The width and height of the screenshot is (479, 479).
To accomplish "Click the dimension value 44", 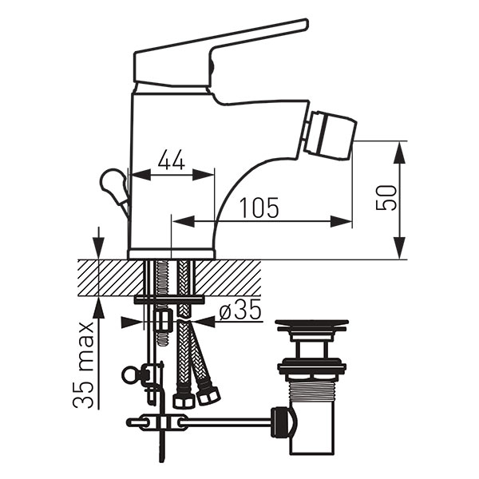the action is click(x=172, y=160).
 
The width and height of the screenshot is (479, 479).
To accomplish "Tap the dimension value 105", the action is click(x=259, y=208).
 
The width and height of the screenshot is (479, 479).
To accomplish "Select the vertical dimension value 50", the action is click(x=386, y=198).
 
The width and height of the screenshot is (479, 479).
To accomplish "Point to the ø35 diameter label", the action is click(x=240, y=309).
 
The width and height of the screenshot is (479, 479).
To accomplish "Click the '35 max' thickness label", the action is click(x=82, y=365).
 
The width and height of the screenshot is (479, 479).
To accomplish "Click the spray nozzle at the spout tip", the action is click(x=331, y=136).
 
